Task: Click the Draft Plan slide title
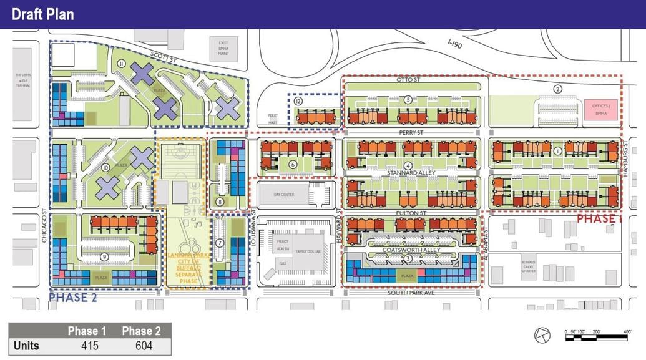[42, 14]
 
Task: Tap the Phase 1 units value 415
[90, 345]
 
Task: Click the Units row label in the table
[27, 345]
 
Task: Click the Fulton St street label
[411, 213]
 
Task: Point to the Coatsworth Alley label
[414, 250]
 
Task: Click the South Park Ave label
[411, 292]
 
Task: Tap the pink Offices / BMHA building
[601, 109]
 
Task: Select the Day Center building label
[283, 195]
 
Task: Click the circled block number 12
[298, 101]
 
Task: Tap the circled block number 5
[408, 99]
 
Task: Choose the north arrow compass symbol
[542, 335]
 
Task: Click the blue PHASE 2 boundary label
[73, 298]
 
